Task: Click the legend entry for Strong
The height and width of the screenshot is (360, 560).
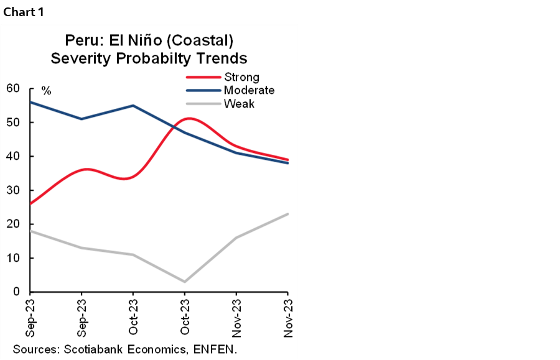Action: click(241, 78)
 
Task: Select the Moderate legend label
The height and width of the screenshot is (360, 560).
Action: click(249, 90)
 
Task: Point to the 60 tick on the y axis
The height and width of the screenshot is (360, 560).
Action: click(12, 88)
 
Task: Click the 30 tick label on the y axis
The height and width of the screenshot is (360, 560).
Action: click(12, 190)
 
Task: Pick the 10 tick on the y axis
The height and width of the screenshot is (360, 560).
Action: click(12, 258)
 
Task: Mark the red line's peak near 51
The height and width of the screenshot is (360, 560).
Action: click(189, 118)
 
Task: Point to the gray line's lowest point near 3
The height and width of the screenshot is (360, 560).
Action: click(185, 282)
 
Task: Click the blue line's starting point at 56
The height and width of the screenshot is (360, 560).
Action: click(30, 101)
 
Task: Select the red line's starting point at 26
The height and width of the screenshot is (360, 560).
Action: click(30, 203)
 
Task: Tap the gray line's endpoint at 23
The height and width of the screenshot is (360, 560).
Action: click(287, 214)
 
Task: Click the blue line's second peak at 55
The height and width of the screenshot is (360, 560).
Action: click(133, 105)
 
